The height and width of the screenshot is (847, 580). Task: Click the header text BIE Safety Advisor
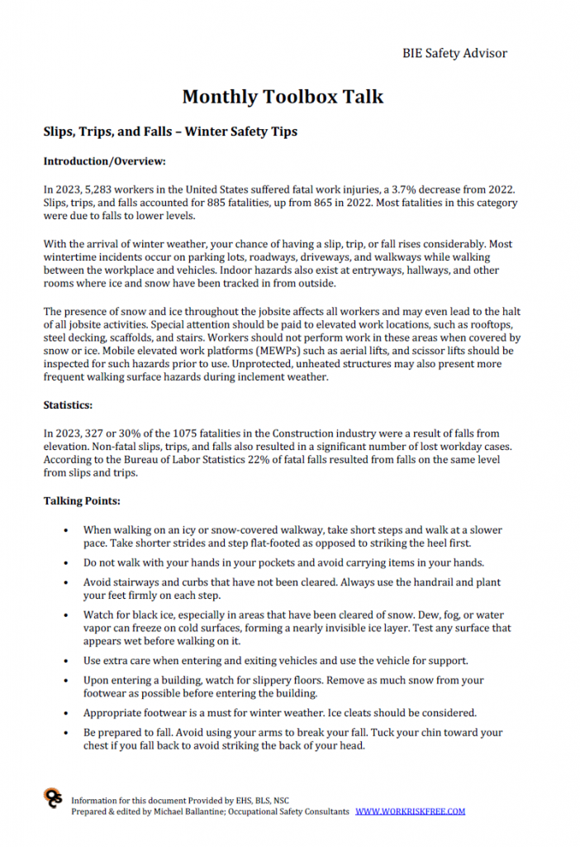click(x=454, y=53)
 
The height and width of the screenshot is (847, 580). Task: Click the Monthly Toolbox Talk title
click(x=283, y=97)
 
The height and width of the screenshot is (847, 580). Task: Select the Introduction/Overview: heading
click(x=104, y=161)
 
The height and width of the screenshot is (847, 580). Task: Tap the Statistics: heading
click(x=68, y=405)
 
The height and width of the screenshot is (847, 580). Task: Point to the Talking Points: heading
click(x=81, y=501)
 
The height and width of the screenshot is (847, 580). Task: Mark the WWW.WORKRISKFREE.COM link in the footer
click(x=411, y=811)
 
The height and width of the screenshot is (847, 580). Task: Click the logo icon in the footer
click(x=53, y=798)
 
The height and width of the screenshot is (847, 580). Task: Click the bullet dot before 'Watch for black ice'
click(x=65, y=616)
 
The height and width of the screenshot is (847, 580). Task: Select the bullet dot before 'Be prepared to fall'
click(x=65, y=733)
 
